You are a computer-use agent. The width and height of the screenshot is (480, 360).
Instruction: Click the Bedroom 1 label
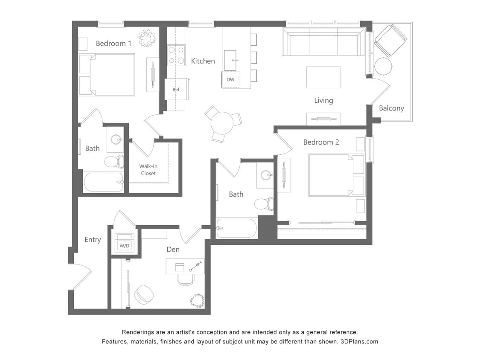(x=113, y=44)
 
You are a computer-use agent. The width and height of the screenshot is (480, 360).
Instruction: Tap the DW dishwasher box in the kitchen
(x=230, y=80)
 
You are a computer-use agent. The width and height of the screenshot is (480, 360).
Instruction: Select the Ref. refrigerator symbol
(x=176, y=90)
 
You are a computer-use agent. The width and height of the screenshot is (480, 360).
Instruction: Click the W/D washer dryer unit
(x=124, y=246)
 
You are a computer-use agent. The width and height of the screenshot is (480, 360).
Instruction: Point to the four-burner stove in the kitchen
(x=176, y=55)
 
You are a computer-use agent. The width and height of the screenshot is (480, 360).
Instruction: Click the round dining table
(x=222, y=123)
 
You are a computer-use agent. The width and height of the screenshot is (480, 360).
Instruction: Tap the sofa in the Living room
(x=323, y=42)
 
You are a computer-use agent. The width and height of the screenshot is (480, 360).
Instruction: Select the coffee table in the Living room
(x=323, y=77)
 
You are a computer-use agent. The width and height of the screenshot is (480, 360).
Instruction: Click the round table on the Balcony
(x=383, y=67)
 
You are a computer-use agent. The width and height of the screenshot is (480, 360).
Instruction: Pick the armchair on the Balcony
(x=390, y=40)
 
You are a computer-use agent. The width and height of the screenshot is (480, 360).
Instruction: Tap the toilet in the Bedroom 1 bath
(x=113, y=162)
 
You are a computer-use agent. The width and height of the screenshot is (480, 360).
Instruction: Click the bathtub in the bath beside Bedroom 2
(x=237, y=229)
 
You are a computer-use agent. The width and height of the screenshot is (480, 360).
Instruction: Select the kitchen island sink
(x=230, y=56)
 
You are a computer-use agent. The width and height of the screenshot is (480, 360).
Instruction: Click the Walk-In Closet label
(x=148, y=170)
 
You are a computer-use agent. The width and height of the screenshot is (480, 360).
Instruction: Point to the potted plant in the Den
(x=197, y=300)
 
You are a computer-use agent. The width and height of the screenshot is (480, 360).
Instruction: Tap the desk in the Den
(x=184, y=266)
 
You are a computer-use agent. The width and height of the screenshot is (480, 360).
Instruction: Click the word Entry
(x=93, y=240)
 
